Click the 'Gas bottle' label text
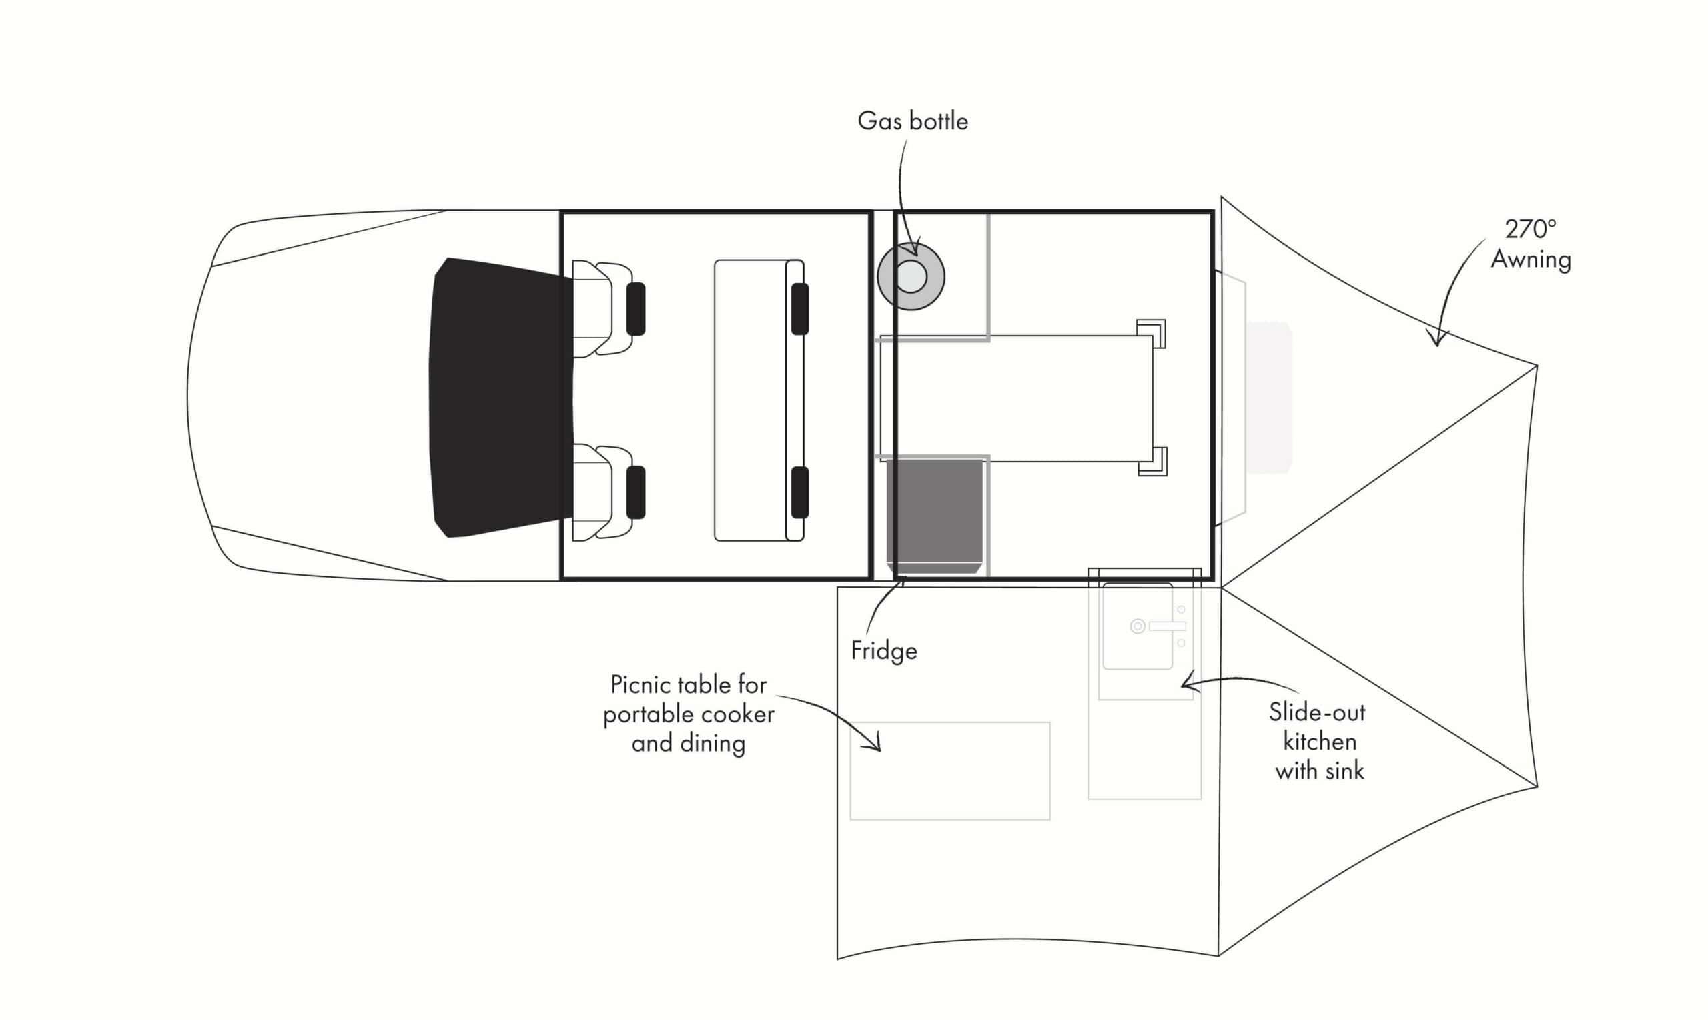point(913,121)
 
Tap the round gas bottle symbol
point(911,276)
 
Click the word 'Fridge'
point(884,651)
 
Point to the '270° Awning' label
point(1531,244)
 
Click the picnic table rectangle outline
point(950,771)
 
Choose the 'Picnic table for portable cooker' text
point(689,699)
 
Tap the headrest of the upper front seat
point(636,309)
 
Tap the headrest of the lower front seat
point(636,492)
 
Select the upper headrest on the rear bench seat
point(799,309)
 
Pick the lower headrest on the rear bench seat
point(799,492)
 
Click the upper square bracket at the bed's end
point(1152,334)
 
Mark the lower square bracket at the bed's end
point(1152,460)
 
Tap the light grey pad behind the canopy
point(1269,398)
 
